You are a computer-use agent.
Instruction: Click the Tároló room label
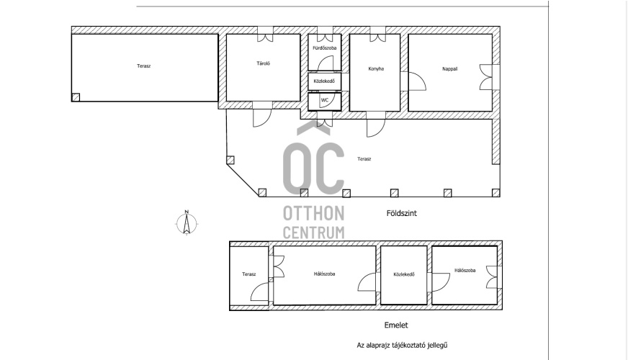pos(263,63)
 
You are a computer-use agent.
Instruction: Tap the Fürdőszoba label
pos(324,48)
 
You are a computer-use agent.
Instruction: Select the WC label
pos(324,100)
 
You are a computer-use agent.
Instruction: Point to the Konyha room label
pos(376,69)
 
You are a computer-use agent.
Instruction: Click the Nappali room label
pos(450,69)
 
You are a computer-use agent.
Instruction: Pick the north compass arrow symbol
pos(187,223)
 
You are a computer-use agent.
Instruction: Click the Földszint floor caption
pos(402,213)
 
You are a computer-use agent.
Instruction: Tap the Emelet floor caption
pos(396,325)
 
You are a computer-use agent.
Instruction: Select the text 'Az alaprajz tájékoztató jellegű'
pos(402,345)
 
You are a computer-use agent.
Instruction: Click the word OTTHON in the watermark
pos(313,213)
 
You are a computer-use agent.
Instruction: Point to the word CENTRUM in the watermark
pos(313,233)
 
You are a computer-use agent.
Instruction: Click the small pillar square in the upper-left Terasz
pos(76,97)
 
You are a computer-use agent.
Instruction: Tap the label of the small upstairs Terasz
pos(248,274)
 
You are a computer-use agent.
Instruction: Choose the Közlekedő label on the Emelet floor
pos(404,275)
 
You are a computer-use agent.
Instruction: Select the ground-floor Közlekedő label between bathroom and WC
pos(324,81)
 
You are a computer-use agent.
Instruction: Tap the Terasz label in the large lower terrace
pos(364,159)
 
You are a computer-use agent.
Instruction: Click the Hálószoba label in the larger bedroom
pos(324,274)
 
